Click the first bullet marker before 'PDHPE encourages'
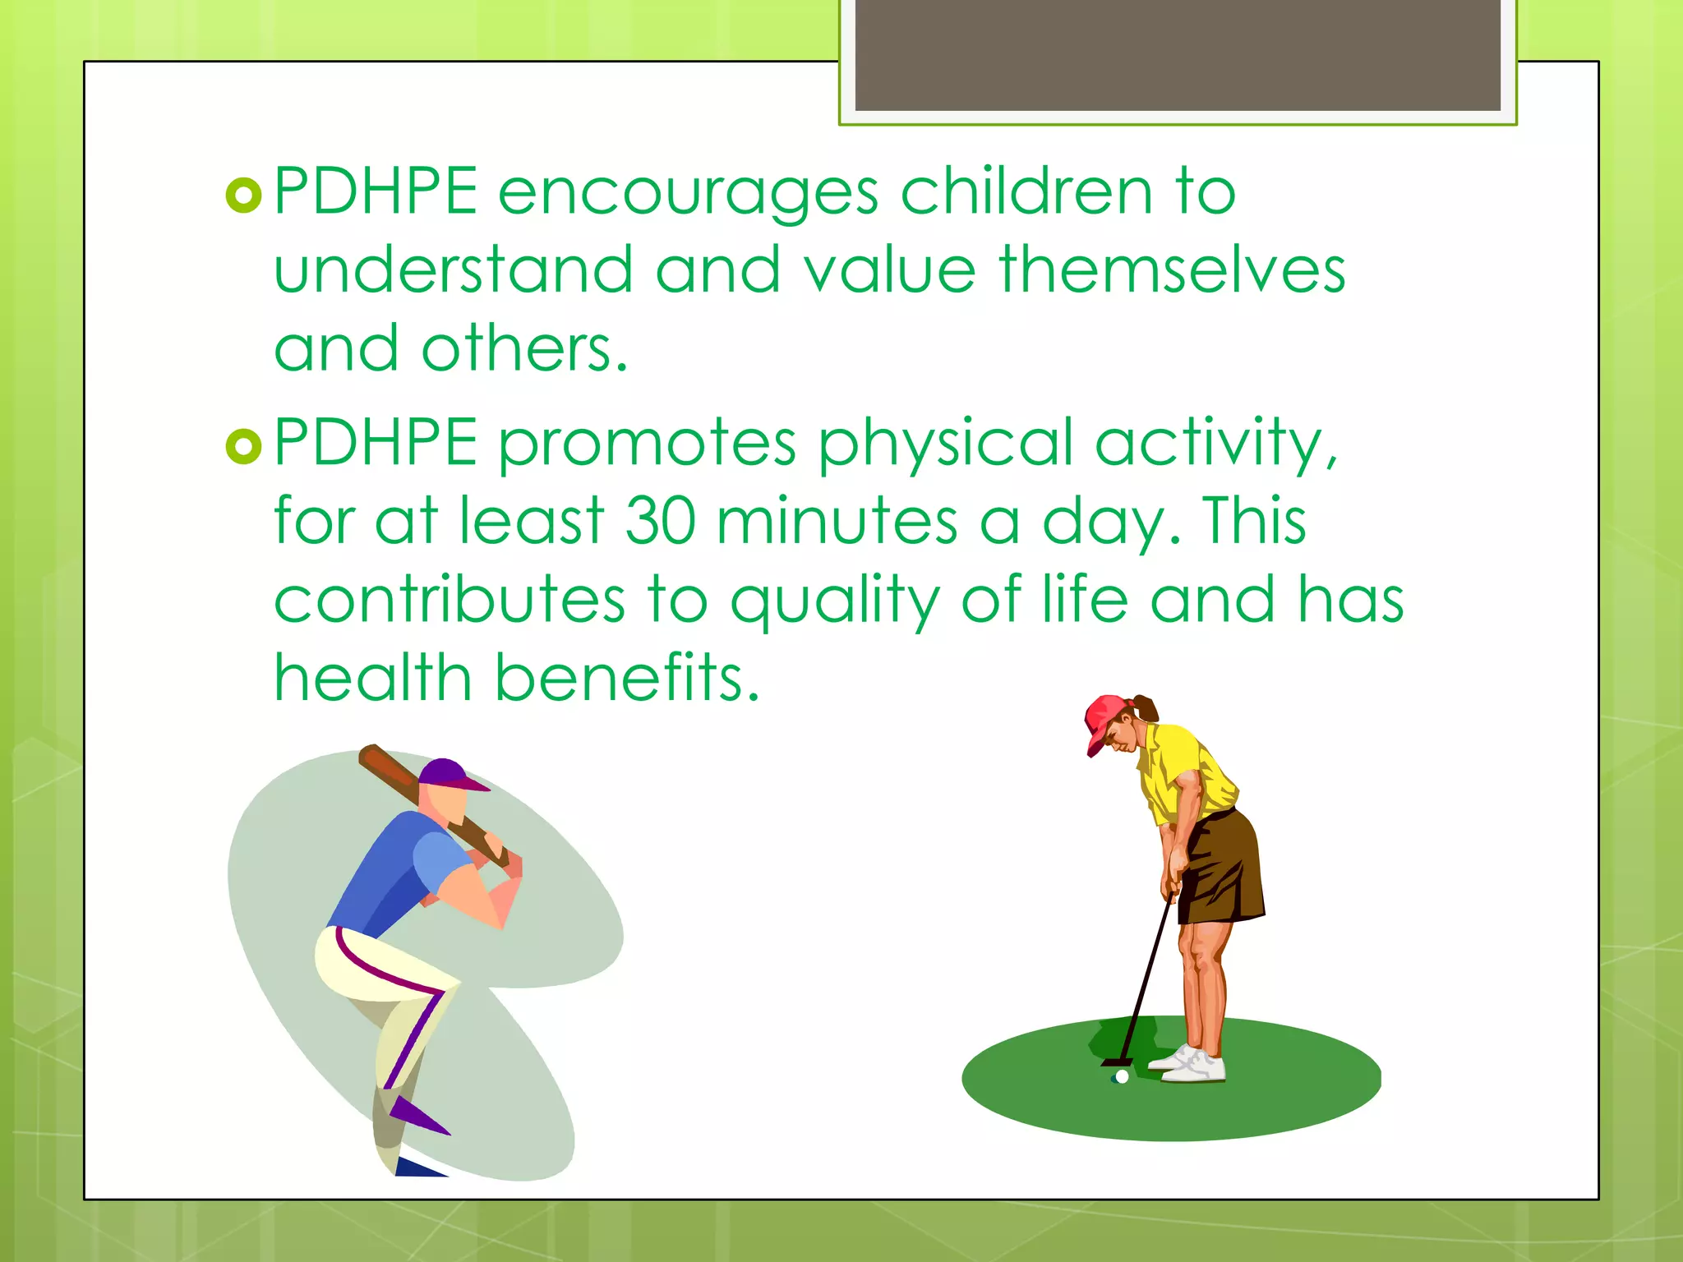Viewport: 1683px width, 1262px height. pos(243,196)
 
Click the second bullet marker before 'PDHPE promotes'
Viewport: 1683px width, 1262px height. pos(243,446)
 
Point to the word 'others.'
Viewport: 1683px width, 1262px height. pos(524,348)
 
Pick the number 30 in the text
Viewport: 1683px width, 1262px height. pos(660,521)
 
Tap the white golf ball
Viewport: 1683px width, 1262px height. pos(1122,1076)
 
